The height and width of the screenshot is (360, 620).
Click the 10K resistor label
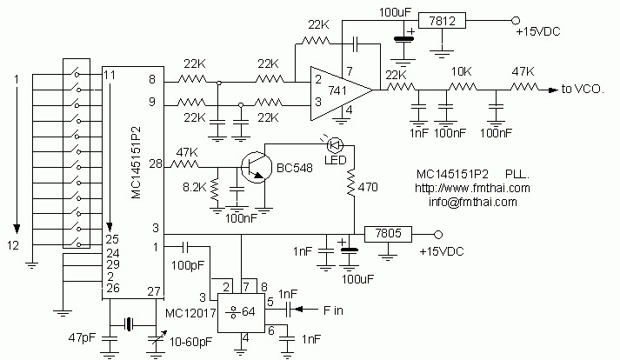pos(461,73)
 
